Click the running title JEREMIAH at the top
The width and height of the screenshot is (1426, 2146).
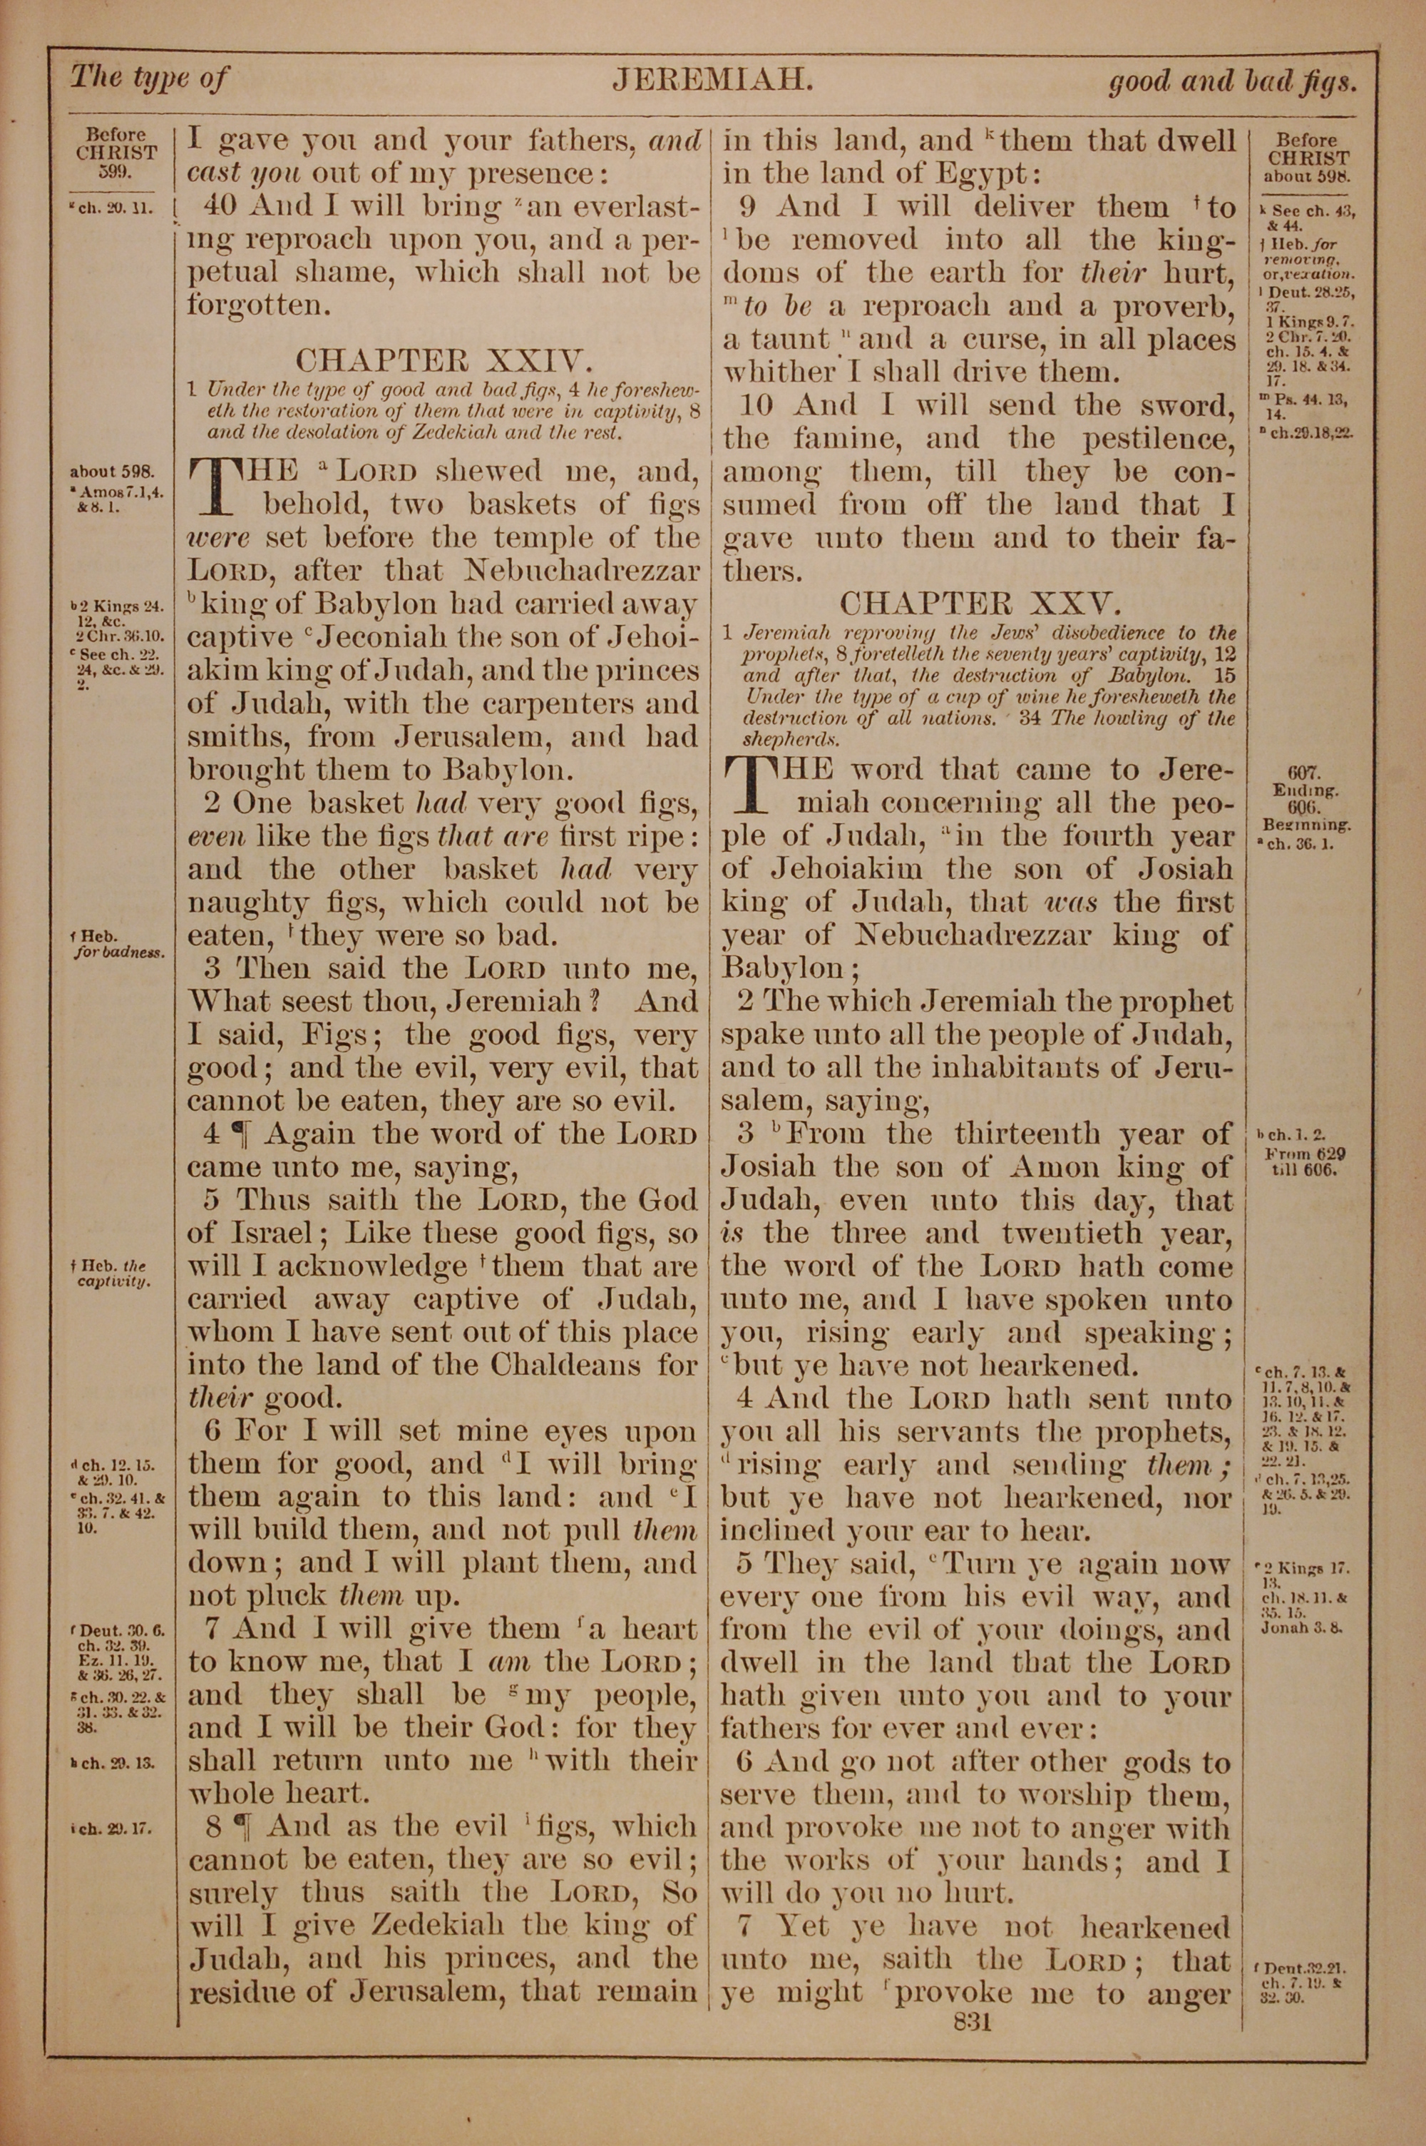coord(712,81)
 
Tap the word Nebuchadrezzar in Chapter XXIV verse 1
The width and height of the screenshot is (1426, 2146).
coord(582,571)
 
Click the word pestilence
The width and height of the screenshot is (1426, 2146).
coord(1158,439)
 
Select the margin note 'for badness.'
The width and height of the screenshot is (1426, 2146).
coord(119,953)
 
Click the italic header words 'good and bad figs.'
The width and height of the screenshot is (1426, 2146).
coord(1232,83)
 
